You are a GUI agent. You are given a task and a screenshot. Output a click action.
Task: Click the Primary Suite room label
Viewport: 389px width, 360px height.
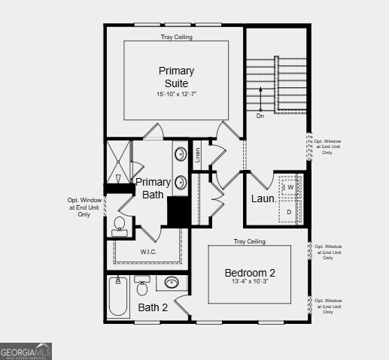click(176, 77)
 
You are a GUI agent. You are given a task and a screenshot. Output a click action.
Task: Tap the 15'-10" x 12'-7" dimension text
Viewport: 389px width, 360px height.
click(176, 95)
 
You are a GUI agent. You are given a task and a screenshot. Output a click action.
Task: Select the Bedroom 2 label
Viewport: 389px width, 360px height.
click(250, 272)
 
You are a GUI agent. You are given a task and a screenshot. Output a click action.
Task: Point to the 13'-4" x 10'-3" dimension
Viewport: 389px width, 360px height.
click(250, 282)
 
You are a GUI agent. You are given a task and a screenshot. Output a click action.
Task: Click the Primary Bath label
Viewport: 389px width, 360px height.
click(153, 188)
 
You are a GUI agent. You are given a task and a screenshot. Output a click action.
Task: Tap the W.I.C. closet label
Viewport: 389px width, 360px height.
click(148, 252)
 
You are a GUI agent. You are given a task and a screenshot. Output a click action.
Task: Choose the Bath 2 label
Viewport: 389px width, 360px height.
click(153, 307)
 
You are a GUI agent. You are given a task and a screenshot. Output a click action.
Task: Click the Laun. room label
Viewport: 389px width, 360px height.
click(263, 199)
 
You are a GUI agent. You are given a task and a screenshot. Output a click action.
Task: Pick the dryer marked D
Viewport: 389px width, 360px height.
click(289, 212)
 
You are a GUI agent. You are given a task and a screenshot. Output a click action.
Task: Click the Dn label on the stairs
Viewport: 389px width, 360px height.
click(260, 116)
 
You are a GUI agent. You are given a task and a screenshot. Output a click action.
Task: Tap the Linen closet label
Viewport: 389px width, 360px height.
click(198, 155)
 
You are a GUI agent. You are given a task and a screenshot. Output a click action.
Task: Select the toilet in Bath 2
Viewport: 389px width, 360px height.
click(142, 286)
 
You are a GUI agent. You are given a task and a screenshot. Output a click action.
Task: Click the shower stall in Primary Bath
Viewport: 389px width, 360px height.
click(118, 161)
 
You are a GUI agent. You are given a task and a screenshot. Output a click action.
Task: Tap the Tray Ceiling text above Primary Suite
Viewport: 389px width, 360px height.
click(176, 37)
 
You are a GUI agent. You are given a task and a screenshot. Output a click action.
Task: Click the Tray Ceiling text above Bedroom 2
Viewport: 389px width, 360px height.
click(250, 241)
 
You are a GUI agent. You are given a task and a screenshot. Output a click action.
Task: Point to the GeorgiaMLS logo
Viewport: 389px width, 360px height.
click(26, 351)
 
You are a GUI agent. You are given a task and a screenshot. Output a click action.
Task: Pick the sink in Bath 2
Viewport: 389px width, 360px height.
click(172, 283)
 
